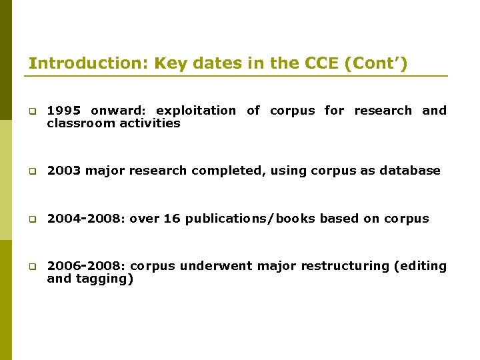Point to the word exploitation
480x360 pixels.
[195, 111]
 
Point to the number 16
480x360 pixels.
[171, 219]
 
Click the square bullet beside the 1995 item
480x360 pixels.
[31, 111]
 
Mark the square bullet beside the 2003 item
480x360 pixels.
[31, 171]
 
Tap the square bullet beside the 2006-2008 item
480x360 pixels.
[31, 267]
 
